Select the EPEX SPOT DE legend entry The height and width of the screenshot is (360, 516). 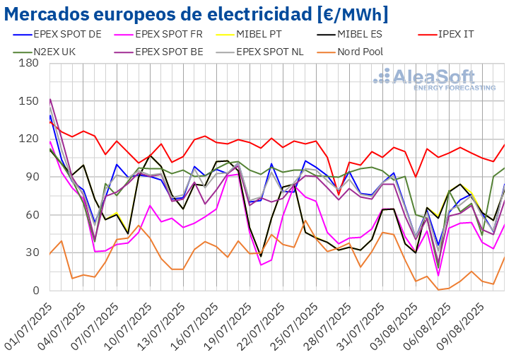pos(68,33)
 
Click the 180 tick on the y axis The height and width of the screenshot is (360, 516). pos(29,63)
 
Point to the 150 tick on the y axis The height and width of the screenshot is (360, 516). pos(29,101)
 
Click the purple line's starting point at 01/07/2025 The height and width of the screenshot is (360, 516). pos(50,98)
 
